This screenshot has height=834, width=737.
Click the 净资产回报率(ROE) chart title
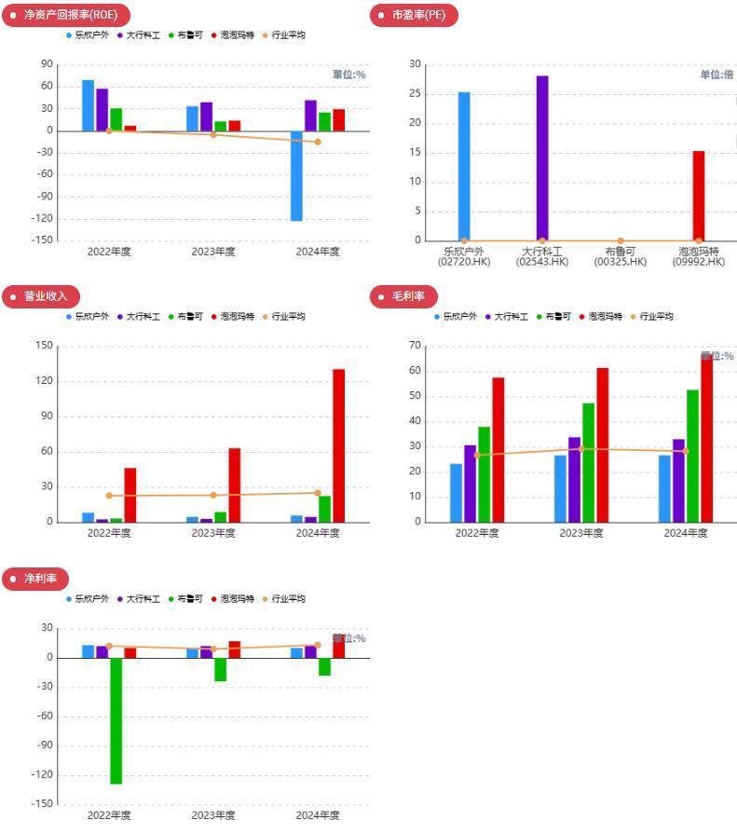click(70, 15)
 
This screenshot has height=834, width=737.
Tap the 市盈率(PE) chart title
click(417, 15)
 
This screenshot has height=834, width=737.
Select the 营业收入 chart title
click(46, 296)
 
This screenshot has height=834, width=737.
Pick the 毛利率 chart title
click(408, 296)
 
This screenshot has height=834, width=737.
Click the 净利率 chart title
click(40, 579)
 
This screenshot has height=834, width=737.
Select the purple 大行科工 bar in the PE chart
click(542, 157)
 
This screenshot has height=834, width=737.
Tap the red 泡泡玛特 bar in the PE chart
click(699, 196)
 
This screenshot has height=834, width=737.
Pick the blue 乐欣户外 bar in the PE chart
click(464, 166)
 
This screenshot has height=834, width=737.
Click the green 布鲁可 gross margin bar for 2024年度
click(692, 456)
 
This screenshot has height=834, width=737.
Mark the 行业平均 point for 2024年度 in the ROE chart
click(318, 142)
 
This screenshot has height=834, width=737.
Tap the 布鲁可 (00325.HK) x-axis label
click(620, 256)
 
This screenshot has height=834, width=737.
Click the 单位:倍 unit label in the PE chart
click(717, 75)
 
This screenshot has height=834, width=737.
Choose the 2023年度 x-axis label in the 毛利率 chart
click(581, 533)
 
